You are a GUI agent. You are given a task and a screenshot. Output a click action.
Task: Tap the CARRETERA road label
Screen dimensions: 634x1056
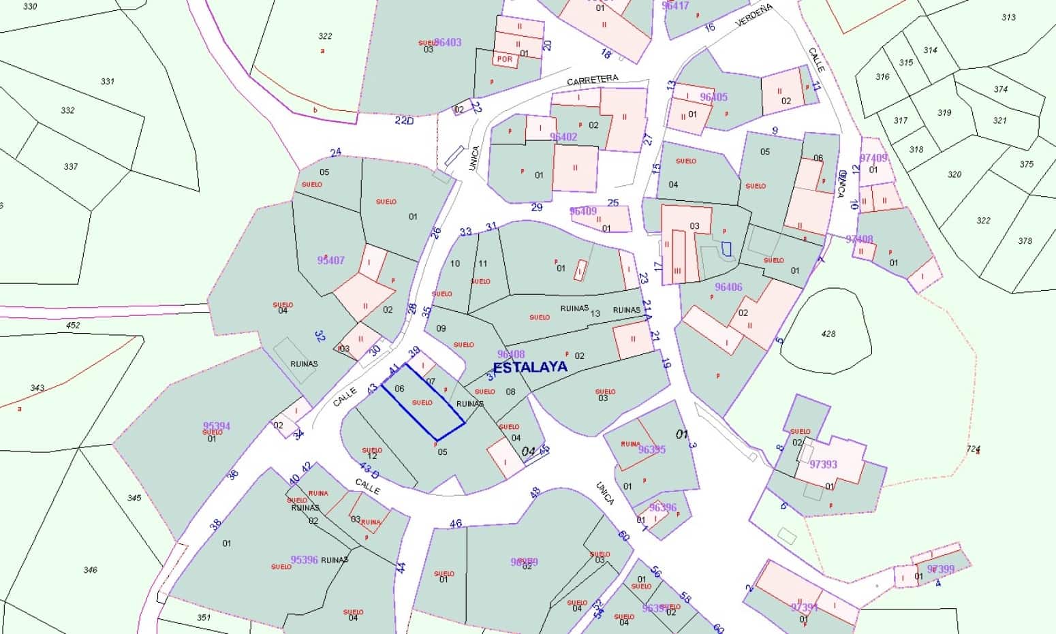[x=593, y=80]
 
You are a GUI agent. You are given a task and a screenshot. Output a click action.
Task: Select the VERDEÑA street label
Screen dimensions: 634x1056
[x=754, y=15]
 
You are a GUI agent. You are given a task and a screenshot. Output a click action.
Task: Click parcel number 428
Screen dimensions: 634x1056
[x=828, y=334]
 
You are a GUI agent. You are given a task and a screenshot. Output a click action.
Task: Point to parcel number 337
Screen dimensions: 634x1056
[x=70, y=167]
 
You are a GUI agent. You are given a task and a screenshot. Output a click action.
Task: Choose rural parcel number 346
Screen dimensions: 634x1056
[x=90, y=570]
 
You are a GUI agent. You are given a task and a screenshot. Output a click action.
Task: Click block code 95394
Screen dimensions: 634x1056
[x=217, y=427]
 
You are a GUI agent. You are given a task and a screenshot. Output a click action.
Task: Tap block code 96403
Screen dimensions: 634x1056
[x=448, y=42]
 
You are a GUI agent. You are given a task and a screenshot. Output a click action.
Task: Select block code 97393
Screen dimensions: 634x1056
[x=823, y=464]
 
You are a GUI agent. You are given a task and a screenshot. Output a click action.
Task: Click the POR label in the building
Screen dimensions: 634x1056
[x=505, y=59]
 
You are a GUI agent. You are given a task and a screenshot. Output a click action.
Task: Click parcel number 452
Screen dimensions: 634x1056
[x=73, y=325]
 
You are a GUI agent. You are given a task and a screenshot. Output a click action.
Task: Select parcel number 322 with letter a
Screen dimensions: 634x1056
[x=325, y=36]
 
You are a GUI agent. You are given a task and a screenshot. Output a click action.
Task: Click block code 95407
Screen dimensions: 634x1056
[x=331, y=260]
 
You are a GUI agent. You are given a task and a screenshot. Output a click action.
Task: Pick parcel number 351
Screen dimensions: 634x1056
[x=204, y=618]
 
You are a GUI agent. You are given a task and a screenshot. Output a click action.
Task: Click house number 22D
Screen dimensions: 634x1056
[x=404, y=121]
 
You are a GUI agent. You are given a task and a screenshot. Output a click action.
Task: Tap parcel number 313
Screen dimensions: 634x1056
[x=1008, y=18]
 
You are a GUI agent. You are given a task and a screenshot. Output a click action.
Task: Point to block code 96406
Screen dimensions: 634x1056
[x=728, y=287]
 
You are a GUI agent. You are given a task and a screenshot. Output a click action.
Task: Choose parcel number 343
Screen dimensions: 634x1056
[x=37, y=388]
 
